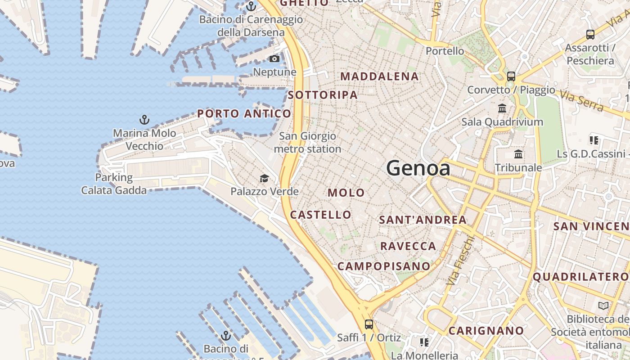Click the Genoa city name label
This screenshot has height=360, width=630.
pyautogui.click(x=418, y=168)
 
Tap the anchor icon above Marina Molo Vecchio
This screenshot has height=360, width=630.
pyautogui.click(x=144, y=120)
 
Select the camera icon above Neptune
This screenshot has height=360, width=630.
pyautogui.click(x=274, y=59)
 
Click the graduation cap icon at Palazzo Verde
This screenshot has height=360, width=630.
pyautogui.click(x=264, y=179)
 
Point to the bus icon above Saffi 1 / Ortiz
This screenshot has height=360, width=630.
pyautogui.click(x=369, y=324)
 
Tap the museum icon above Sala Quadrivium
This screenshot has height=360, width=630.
pyautogui.click(x=502, y=108)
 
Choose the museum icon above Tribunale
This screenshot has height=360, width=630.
pyautogui.click(x=518, y=154)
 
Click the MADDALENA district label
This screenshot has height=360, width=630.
pyautogui.click(x=379, y=76)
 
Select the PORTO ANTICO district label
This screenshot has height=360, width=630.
pyautogui.click(x=244, y=114)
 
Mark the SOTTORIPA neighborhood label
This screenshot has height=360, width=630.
pyautogui.click(x=323, y=95)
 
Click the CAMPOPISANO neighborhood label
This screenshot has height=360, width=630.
pyautogui.click(x=384, y=266)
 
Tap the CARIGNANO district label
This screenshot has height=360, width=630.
pyautogui.click(x=486, y=331)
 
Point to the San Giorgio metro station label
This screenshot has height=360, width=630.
pyautogui.click(x=308, y=142)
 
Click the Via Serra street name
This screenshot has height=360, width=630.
pyautogui.click(x=581, y=100)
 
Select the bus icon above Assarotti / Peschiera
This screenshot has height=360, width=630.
pyautogui.click(x=590, y=35)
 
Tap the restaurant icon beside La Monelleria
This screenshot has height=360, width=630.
pyautogui.click(x=424, y=343)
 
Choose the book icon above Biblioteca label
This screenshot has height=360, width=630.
pyautogui.click(x=603, y=306)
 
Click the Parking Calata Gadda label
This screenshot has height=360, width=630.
pyautogui.click(x=114, y=184)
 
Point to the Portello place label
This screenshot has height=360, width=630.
pyautogui.click(x=445, y=51)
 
